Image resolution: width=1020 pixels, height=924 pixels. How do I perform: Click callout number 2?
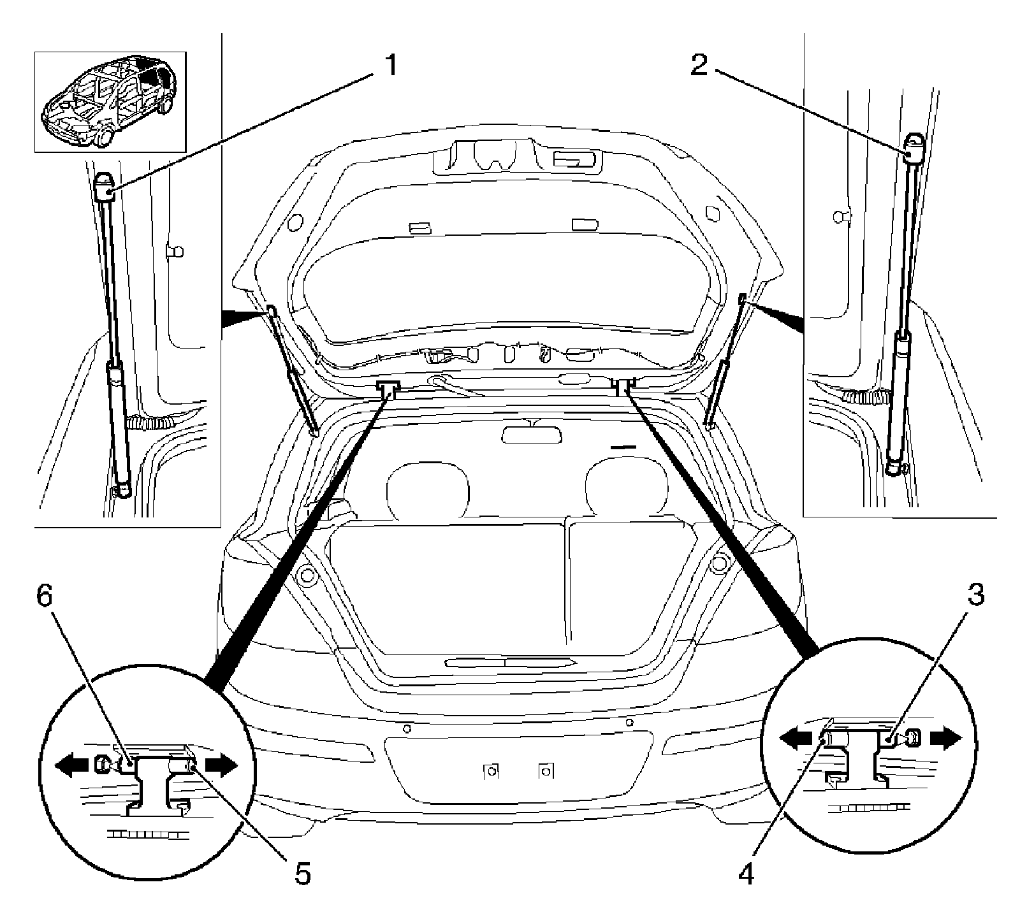click(x=699, y=65)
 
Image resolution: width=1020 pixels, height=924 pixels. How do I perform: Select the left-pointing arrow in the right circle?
click(x=795, y=738)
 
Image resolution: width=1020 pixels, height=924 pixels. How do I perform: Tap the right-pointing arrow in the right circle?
click(x=945, y=738)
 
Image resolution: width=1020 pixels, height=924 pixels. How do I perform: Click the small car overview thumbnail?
click(x=110, y=102)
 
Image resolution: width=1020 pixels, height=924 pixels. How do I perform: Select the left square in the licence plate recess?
click(x=491, y=771)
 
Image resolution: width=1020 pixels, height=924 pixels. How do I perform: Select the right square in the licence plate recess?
click(x=545, y=771)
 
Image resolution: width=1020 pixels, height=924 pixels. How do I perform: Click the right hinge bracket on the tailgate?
click(x=623, y=386)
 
